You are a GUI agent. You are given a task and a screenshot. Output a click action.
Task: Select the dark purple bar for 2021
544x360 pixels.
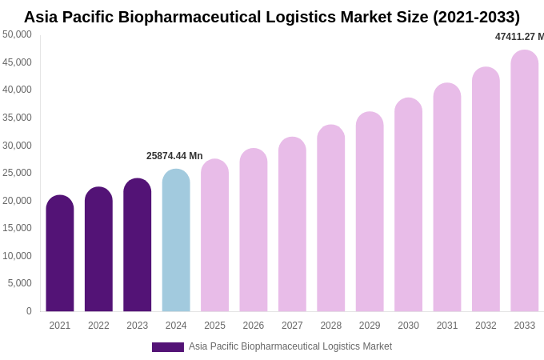point(60,254)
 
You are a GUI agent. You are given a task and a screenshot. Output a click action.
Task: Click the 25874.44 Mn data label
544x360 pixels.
point(174,156)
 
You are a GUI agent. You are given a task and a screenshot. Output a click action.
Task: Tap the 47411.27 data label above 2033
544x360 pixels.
point(519,37)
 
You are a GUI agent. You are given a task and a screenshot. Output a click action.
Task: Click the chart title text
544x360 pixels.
point(272,17)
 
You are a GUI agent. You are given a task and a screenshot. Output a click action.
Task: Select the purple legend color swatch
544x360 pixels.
point(168,347)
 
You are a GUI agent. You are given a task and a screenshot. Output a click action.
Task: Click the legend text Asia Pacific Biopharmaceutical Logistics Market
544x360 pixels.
point(290,346)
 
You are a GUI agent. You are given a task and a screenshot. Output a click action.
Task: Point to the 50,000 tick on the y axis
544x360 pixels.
point(17,34)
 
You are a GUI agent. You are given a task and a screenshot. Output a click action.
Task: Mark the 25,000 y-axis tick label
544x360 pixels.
point(17,173)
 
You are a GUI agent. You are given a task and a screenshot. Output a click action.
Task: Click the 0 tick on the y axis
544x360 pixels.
point(29,311)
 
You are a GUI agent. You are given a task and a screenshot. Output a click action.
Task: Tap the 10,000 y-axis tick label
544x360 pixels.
point(17,256)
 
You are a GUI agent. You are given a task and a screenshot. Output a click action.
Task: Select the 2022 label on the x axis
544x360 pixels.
point(98,326)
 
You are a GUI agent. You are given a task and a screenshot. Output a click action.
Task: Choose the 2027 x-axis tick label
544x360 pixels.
point(292,326)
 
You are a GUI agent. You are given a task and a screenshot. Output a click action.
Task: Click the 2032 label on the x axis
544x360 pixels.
point(486,326)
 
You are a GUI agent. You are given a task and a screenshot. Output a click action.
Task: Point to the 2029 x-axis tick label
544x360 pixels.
point(370,326)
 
